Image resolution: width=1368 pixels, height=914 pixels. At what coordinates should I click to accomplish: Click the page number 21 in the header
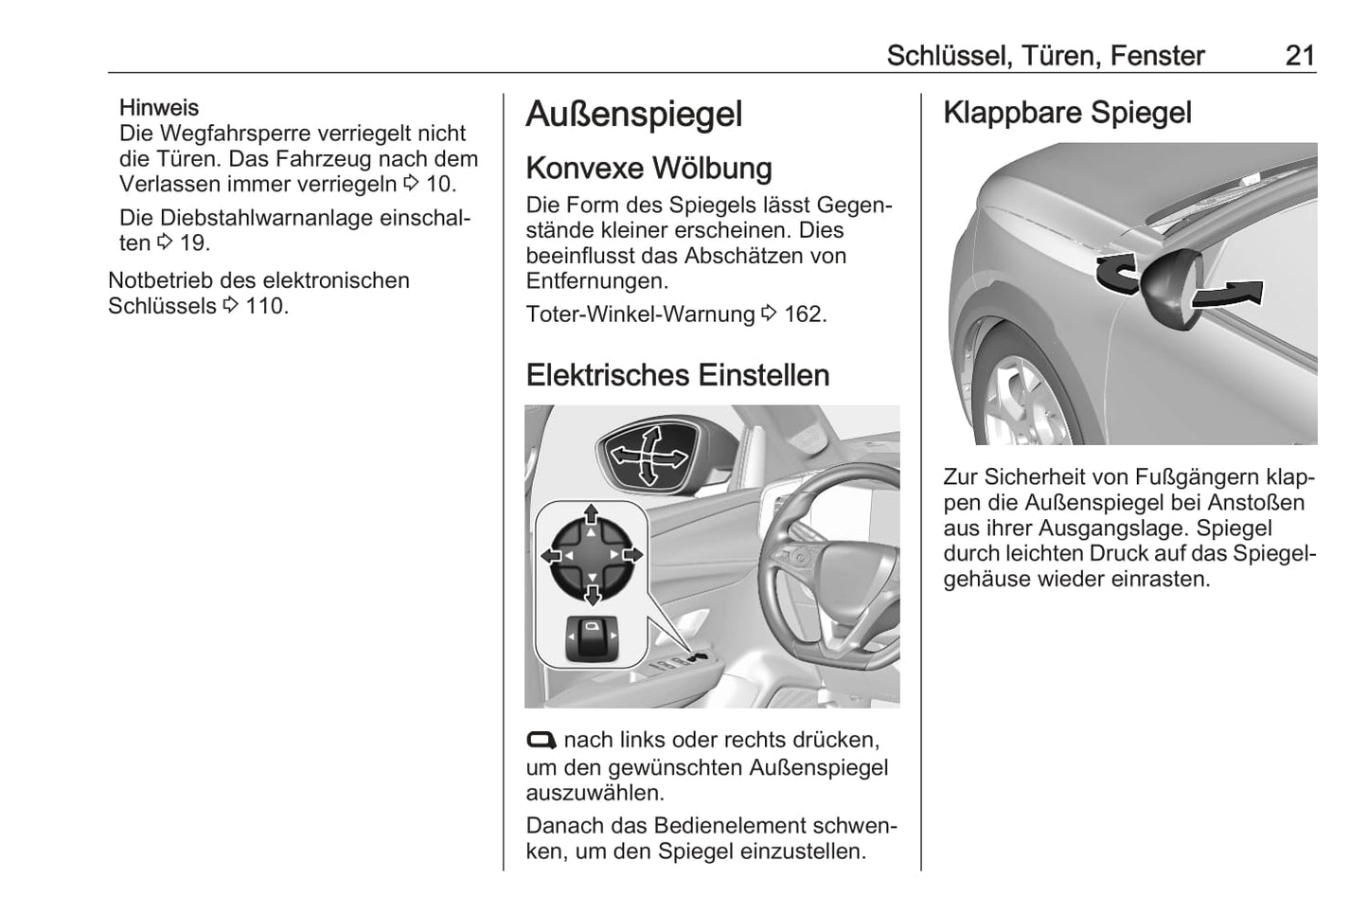[1300, 56]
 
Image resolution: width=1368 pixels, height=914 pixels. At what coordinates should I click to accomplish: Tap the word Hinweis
[159, 108]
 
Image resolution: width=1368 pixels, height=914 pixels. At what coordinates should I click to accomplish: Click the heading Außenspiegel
[634, 115]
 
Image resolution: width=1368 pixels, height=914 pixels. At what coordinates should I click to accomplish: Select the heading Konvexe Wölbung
[649, 169]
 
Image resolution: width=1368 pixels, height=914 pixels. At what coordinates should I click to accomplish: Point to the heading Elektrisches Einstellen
[678, 375]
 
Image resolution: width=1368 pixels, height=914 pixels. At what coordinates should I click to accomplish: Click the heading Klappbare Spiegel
[1068, 114]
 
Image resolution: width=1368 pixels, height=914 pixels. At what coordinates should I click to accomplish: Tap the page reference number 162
[805, 314]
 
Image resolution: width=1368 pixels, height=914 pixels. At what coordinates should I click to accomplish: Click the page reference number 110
[266, 306]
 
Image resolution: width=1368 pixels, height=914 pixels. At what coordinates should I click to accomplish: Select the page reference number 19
[194, 243]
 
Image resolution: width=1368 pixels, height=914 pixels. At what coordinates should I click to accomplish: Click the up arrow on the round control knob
[591, 514]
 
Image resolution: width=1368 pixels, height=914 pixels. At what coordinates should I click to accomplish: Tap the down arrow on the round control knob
[593, 595]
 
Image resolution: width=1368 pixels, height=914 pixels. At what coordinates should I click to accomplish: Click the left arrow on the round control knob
[552, 555]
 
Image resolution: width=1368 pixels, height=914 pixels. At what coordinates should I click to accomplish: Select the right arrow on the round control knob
[632, 555]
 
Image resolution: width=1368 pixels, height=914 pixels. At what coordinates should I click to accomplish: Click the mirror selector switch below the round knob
[592, 639]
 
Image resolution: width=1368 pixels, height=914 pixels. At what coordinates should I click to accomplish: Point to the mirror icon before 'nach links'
[542, 741]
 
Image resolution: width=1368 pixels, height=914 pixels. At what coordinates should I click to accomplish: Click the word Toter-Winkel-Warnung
[640, 314]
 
